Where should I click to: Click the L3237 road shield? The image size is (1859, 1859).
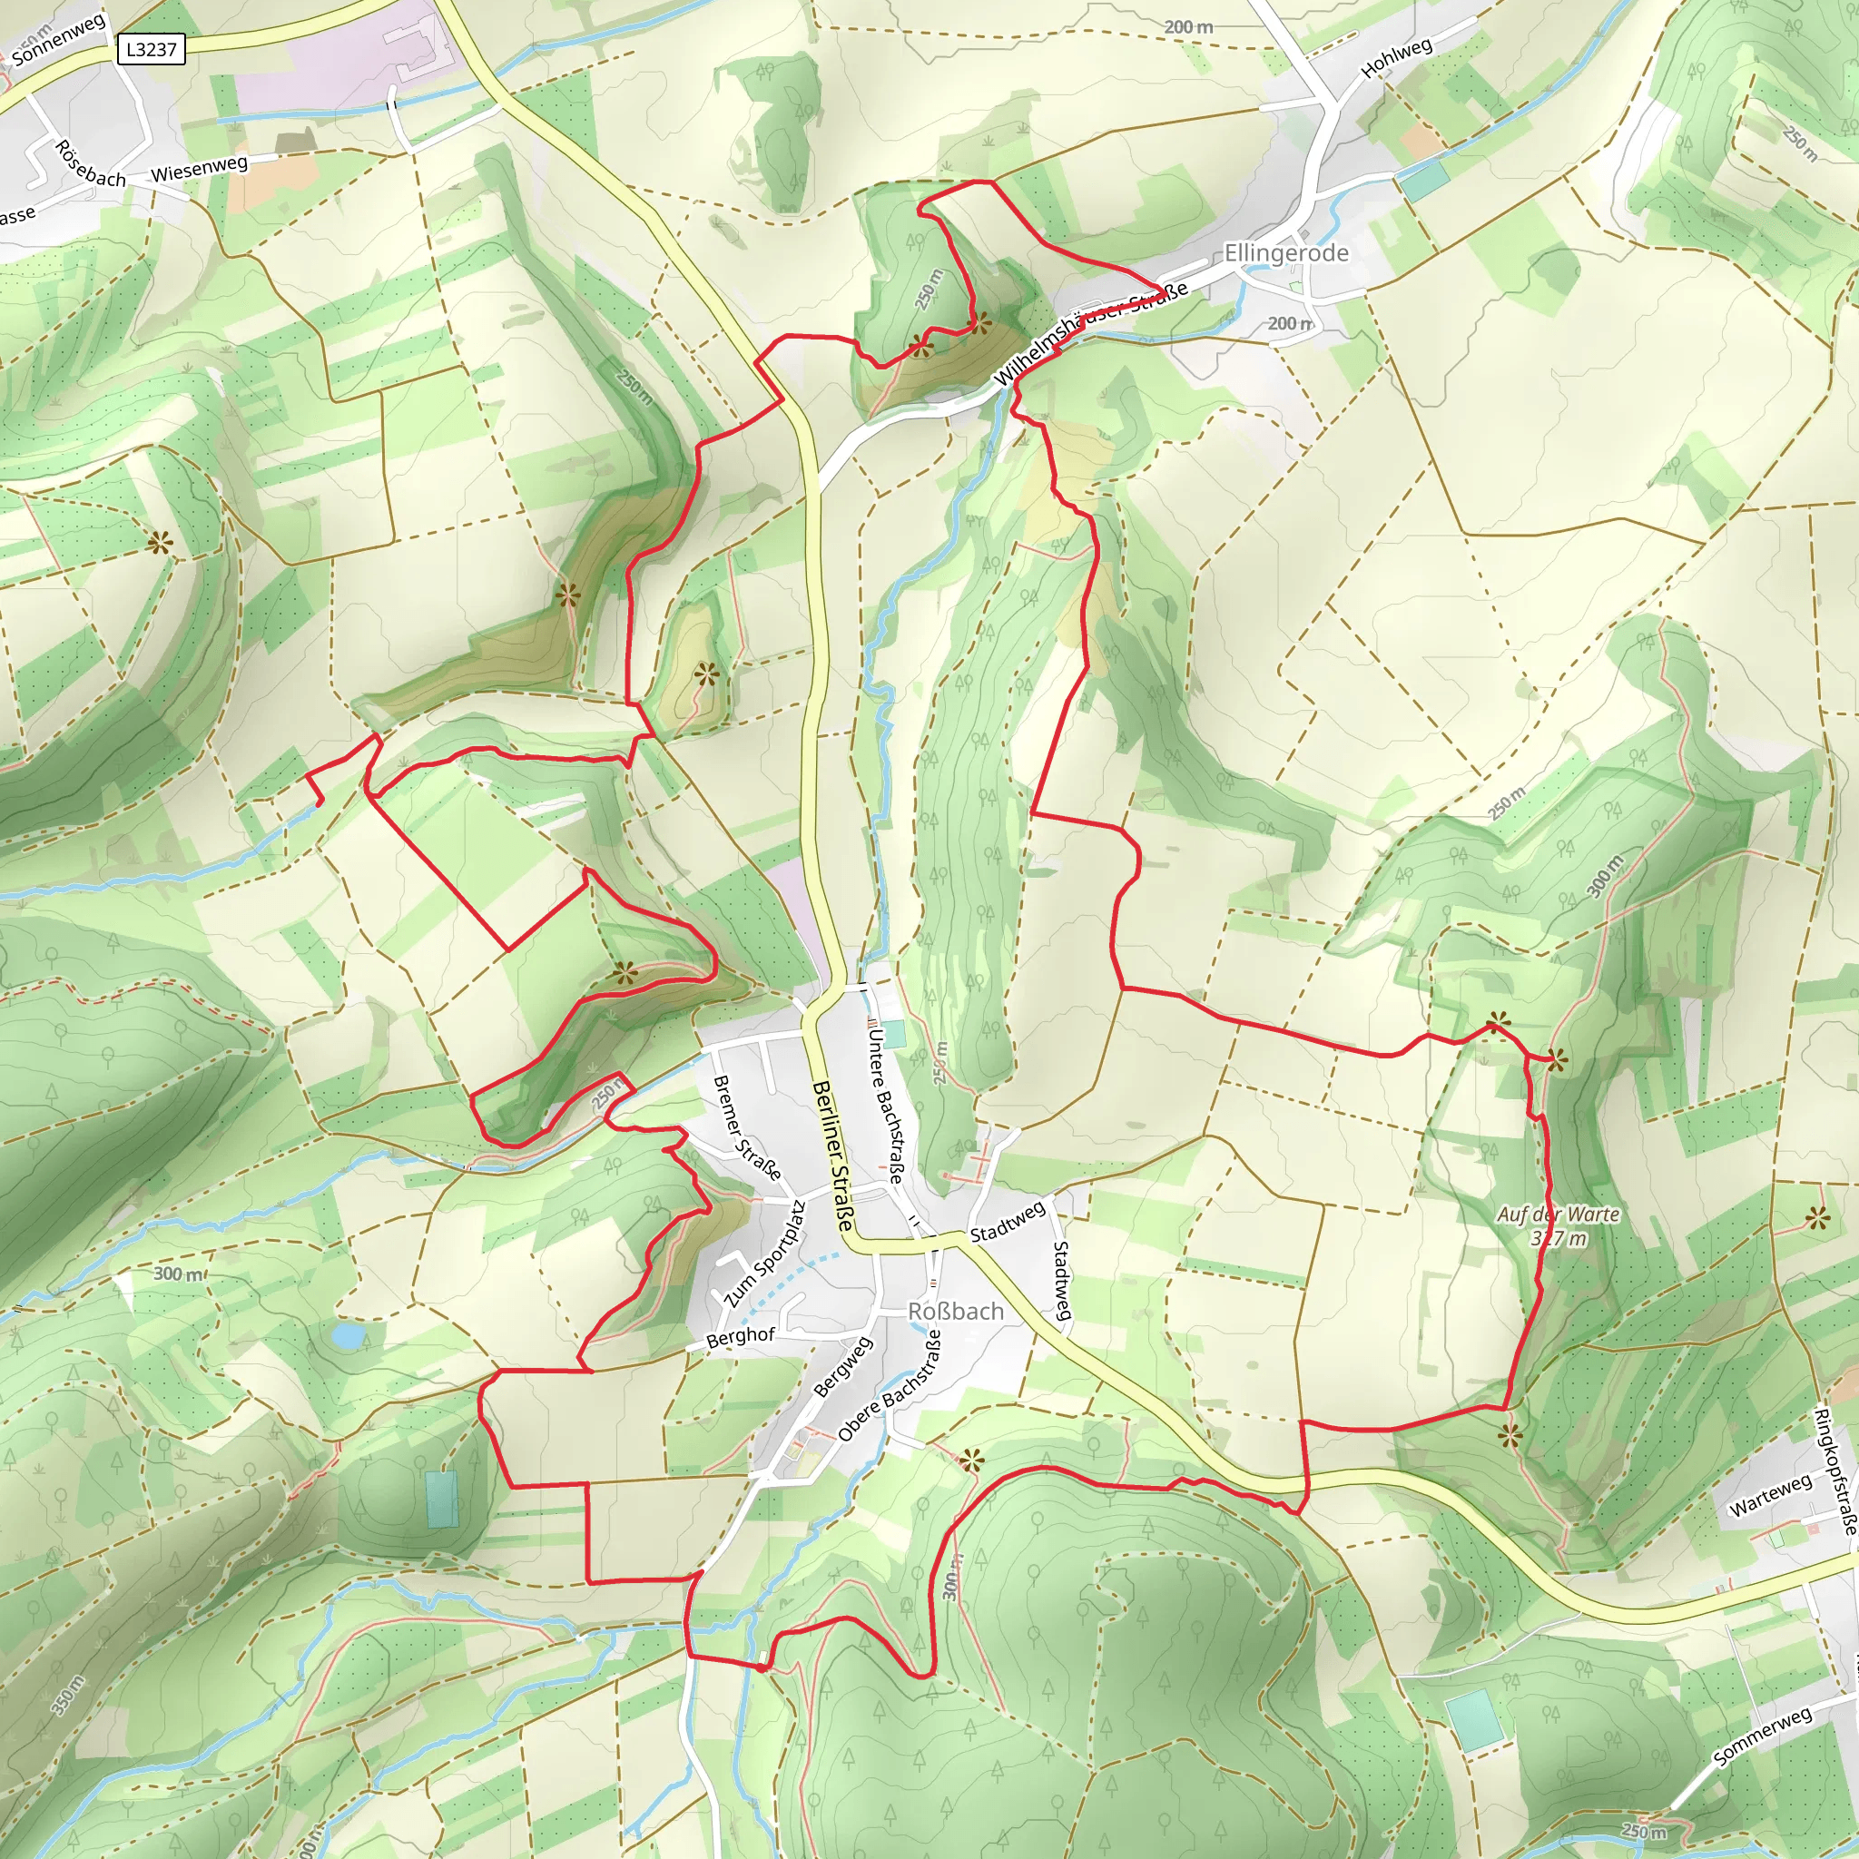click(x=151, y=49)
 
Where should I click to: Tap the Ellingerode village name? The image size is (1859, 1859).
click(x=1285, y=253)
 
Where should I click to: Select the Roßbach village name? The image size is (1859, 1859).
click(x=956, y=1312)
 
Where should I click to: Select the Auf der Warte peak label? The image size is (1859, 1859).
click(x=1558, y=1215)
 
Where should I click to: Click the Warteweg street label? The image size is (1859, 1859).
click(x=1770, y=1494)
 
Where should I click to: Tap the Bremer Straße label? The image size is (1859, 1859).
click(x=747, y=1127)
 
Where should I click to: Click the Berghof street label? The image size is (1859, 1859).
click(x=740, y=1339)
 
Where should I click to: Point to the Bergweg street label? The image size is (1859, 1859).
click(x=843, y=1366)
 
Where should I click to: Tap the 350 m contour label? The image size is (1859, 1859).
click(x=67, y=1696)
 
